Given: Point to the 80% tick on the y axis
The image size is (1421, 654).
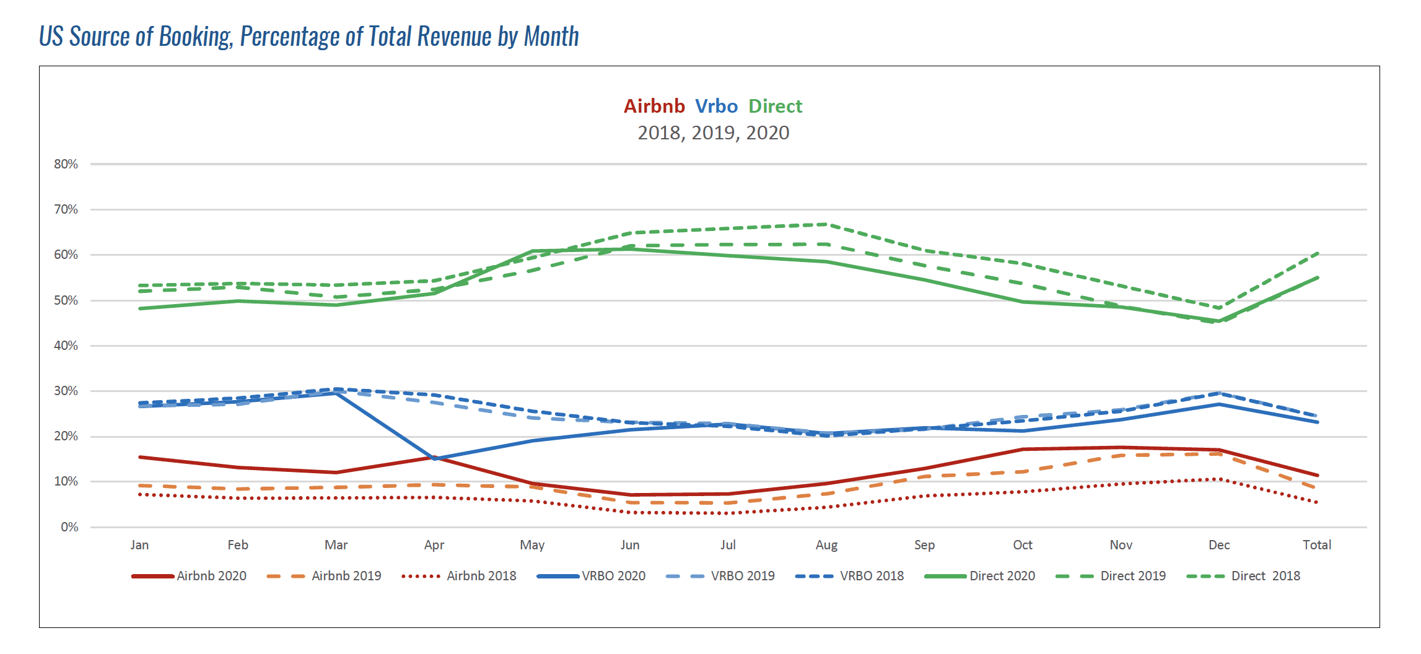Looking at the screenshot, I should coord(66,164).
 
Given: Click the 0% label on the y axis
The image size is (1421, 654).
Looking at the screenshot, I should coord(69,527).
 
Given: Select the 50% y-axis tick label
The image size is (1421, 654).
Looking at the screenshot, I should coord(66,300).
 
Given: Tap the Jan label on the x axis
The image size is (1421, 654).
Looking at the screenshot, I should coord(139,545).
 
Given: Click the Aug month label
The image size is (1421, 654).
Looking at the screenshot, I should coord(826,545).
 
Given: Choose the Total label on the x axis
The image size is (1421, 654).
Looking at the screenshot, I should coord(1316,545).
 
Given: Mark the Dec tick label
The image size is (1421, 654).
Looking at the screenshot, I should coord(1218,545).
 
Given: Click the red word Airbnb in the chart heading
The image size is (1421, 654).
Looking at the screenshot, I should coord(654,107).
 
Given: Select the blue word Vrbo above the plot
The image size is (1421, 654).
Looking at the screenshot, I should coord(716,107).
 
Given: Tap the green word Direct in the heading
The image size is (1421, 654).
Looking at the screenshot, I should coord(775,107).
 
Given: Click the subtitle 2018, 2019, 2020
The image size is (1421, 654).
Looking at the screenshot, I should coord(713,133).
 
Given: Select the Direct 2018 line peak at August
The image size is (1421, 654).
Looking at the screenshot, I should coord(826,224).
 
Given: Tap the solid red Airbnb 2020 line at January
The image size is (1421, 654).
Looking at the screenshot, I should coord(140,457).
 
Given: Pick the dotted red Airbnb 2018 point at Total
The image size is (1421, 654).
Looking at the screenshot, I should coord(1317,502).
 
